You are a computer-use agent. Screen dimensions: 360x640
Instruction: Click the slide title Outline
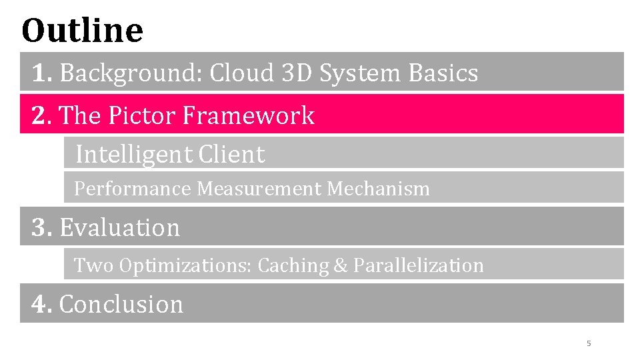[x=82, y=30]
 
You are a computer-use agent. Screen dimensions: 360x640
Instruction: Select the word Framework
[x=248, y=115]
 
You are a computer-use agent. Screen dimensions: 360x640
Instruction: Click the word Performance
[x=132, y=189]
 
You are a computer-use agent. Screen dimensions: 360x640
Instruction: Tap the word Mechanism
[x=378, y=189]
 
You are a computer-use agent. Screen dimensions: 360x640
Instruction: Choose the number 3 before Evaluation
[x=40, y=227]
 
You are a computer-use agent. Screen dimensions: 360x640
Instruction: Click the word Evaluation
[x=120, y=227]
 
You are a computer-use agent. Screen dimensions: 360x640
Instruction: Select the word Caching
[x=293, y=265]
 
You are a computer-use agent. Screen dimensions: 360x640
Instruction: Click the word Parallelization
[x=419, y=265]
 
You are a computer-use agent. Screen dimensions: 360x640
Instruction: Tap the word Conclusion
[x=121, y=304]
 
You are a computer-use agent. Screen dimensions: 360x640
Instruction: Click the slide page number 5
[x=589, y=343]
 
